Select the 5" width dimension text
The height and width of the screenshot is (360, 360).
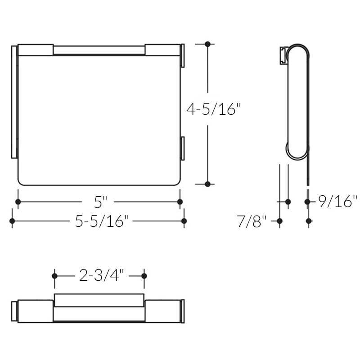click(x=99, y=202)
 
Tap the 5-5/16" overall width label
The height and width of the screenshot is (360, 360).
click(x=99, y=221)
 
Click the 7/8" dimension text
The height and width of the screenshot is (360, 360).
click(x=252, y=221)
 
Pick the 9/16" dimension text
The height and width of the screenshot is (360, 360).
click(x=337, y=201)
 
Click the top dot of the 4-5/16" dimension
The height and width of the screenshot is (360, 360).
click(x=207, y=44)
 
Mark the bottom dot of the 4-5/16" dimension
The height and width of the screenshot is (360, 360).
click(x=207, y=184)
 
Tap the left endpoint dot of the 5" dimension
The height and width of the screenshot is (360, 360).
click(x=18, y=202)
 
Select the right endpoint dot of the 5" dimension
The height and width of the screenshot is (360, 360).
click(x=180, y=202)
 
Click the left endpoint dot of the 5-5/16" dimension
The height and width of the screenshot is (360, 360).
click(x=12, y=221)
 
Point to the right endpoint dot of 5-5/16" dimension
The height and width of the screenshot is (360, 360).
click(x=184, y=221)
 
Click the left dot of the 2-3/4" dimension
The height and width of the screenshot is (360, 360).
click(x=54, y=275)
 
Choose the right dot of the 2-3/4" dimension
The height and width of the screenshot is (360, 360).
click(x=144, y=275)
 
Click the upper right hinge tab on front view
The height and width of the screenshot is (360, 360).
click(x=182, y=55)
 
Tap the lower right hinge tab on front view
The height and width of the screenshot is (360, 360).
click(x=182, y=148)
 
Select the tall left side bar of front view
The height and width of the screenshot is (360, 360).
click(x=13, y=102)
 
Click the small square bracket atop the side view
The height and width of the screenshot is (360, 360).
click(x=283, y=54)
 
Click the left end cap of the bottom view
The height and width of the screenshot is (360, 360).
click(x=14, y=311)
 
